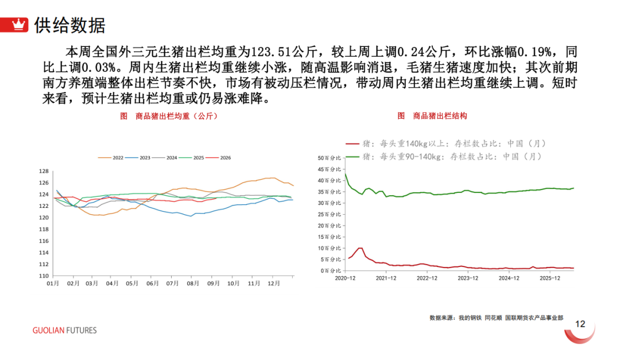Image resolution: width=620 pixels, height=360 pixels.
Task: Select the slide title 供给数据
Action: [x=70, y=25]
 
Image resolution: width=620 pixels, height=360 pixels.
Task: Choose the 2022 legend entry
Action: [x=111, y=158]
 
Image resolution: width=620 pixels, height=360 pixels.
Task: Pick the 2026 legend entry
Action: [x=218, y=158]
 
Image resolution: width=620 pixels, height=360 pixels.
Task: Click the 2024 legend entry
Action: [x=165, y=158]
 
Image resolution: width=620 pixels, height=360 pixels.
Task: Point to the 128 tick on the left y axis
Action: [x=44, y=171]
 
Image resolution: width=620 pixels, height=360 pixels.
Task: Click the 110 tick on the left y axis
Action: [x=44, y=276]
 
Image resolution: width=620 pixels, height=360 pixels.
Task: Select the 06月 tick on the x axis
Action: [x=152, y=284]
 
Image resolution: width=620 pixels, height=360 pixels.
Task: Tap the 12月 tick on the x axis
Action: [x=274, y=284]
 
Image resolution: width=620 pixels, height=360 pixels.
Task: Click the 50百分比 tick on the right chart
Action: [x=329, y=158]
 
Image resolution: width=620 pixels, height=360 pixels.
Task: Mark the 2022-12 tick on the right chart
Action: [x=427, y=278]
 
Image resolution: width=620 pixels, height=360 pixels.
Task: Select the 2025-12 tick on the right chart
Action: [x=550, y=278]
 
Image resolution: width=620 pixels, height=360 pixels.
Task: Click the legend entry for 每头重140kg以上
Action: [x=446, y=144]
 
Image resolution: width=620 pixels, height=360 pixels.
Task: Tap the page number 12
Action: [x=580, y=324]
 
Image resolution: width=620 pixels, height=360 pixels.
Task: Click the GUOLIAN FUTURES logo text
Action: [x=64, y=330]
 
